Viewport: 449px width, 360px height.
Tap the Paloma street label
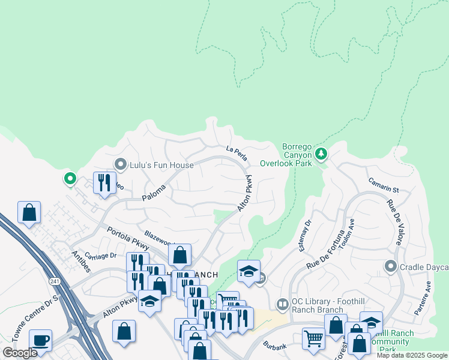(x=153, y=193)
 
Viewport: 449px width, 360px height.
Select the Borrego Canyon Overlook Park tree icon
(x=322, y=154)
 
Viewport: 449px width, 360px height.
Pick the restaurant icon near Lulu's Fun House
(x=104, y=183)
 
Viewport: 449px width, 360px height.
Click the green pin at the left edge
(x=70, y=178)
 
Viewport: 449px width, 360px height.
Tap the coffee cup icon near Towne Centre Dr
(x=41, y=340)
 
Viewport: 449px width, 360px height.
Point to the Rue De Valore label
(x=394, y=223)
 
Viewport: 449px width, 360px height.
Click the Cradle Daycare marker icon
(x=391, y=266)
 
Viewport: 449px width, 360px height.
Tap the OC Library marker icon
(x=282, y=305)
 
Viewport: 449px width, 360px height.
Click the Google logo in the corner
(x=20, y=353)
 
